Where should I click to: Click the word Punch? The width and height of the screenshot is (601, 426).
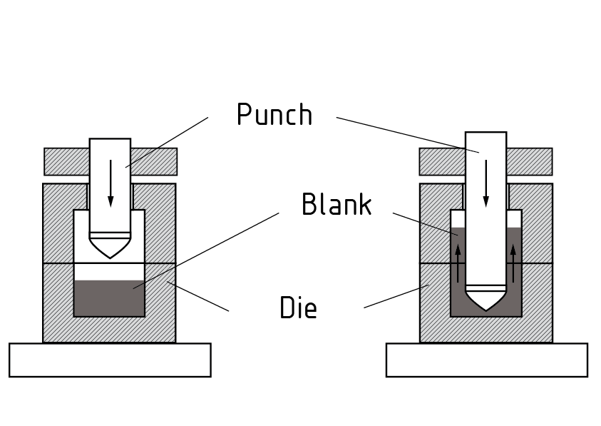pos(274,115)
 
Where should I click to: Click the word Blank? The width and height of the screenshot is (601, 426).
pos(337,205)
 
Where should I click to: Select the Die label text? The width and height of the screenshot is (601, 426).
pos(298,308)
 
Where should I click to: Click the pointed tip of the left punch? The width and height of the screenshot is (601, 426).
pos(110,255)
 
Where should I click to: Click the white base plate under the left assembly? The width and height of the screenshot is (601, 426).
pos(110,360)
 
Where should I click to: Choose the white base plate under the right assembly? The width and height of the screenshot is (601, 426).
pos(486,360)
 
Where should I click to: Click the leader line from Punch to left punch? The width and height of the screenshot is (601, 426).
pos(168,142)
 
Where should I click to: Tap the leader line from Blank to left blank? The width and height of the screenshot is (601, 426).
pos(207,250)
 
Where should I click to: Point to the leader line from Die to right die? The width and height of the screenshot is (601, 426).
pos(396,297)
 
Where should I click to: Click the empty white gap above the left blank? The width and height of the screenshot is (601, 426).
pos(110,272)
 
